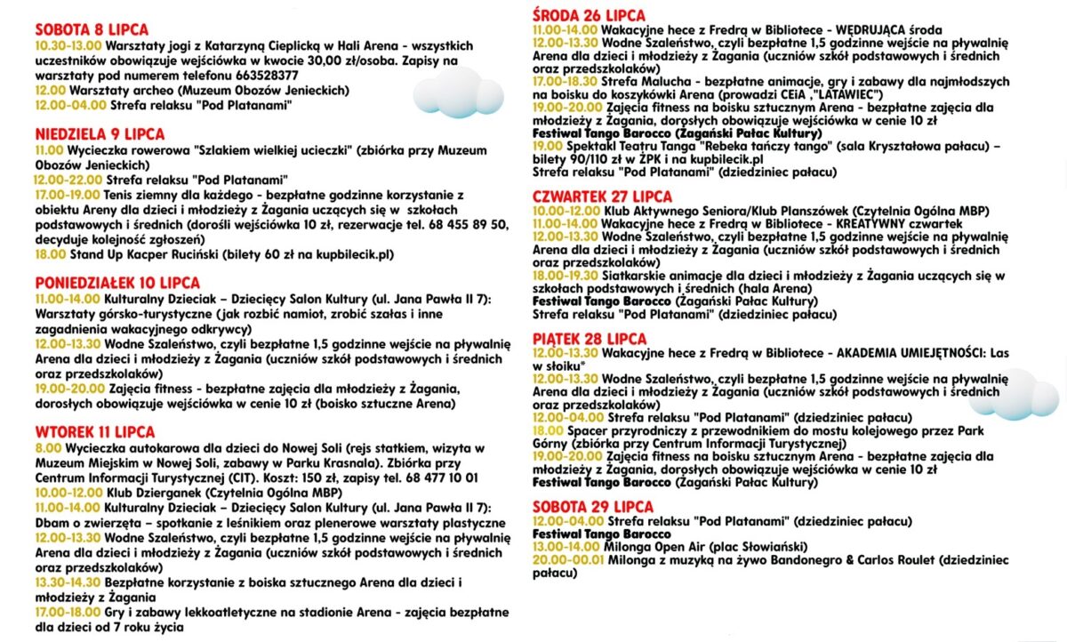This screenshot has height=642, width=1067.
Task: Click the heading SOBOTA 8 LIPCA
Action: click(x=92, y=30)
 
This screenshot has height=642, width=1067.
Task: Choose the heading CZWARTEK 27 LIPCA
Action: click(x=602, y=197)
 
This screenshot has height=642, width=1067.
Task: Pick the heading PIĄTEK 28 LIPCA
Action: click(x=590, y=339)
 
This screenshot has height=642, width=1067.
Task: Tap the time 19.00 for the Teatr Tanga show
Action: click(x=548, y=146)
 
